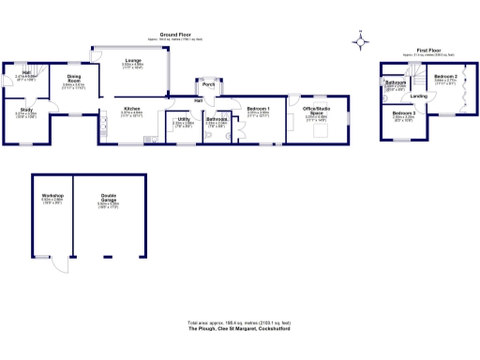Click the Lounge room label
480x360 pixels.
coord(133,61)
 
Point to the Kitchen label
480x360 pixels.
coord(132,109)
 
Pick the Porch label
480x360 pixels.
coord(207,83)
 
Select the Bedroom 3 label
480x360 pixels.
coord(404,112)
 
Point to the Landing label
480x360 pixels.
coord(419,96)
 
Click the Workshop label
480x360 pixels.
coord(52,196)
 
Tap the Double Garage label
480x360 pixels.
coord(110,196)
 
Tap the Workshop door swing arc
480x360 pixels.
coord(62,265)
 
